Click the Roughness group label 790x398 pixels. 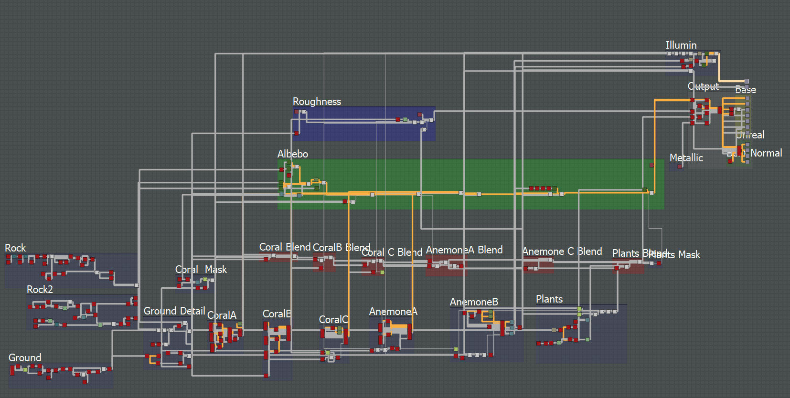tap(317, 102)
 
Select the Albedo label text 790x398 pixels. tap(292, 154)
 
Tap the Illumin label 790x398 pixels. tap(681, 45)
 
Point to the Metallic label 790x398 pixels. tap(686, 158)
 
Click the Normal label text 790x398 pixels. tap(766, 153)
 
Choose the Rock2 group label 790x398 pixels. tap(40, 290)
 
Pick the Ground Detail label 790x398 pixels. tap(174, 311)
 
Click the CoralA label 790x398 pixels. tap(222, 315)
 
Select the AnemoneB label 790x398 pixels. tap(474, 302)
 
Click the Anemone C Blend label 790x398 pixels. tap(562, 251)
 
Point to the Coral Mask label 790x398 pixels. tap(201, 270)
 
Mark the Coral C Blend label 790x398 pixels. tap(392, 252)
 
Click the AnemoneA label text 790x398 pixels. tap(393, 312)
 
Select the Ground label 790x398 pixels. tap(25, 358)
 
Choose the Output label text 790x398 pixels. tap(703, 86)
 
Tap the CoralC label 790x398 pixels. tap(333, 320)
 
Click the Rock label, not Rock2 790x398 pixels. tap(15, 248)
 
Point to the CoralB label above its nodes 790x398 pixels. tap(277, 314)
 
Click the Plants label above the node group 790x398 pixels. tap(549, 299)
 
